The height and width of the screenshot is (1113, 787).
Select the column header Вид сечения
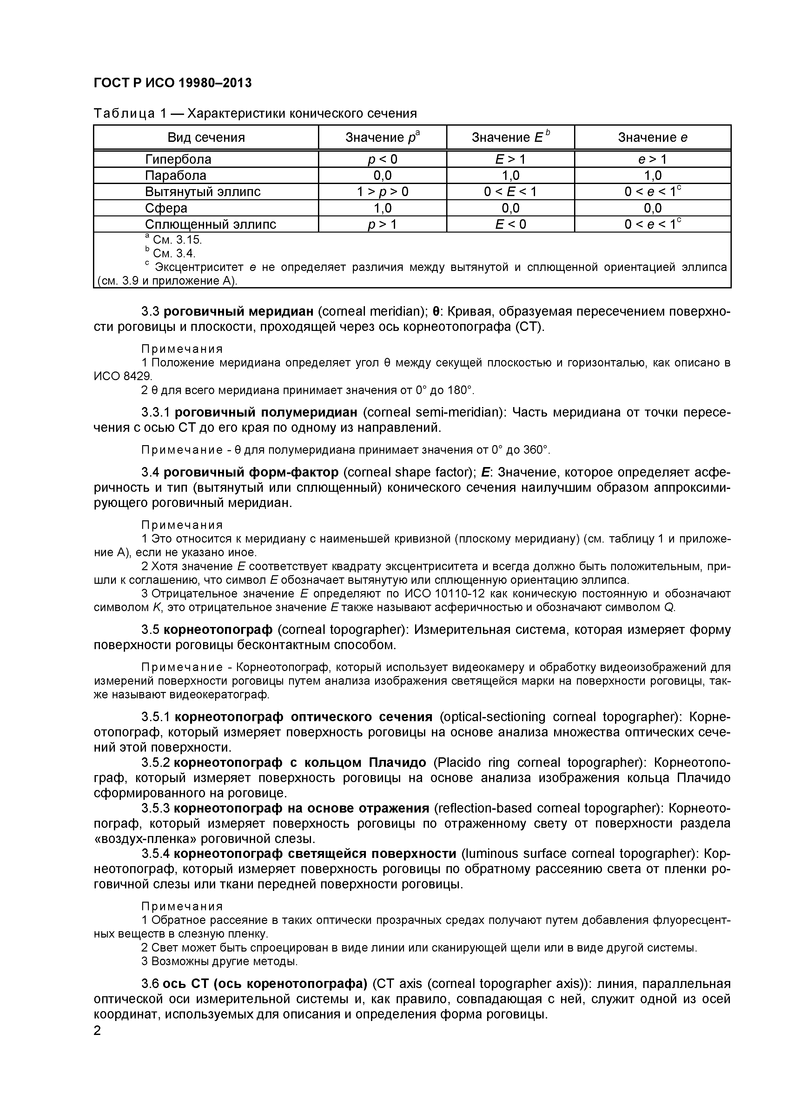(206, 138)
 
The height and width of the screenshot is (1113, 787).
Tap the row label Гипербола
(178, 160)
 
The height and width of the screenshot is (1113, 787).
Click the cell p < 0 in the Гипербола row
(382, 160)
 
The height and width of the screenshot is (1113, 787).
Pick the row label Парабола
(175, 175)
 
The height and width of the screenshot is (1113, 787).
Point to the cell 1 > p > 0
(382, 192)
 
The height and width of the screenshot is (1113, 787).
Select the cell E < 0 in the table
(510, 224)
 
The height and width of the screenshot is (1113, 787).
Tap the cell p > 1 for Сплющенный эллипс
(382, 224)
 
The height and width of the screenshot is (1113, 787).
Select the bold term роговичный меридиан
(239, 311)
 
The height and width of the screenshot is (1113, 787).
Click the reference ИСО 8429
(123, 377)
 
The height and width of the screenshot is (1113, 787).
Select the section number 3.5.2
(155, 763)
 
